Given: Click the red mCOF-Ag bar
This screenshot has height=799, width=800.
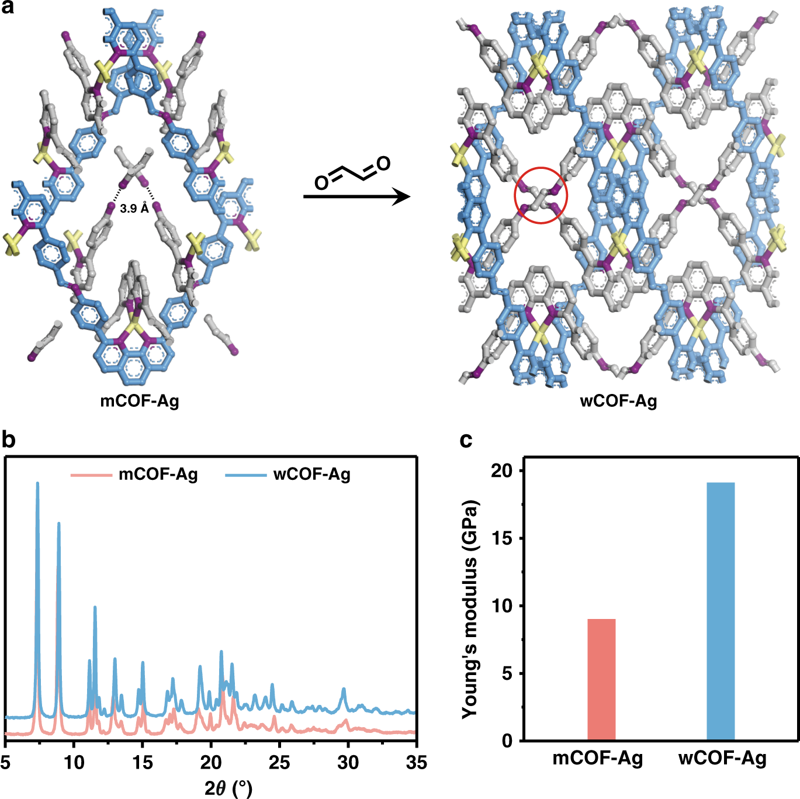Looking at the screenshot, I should tap(601, 679).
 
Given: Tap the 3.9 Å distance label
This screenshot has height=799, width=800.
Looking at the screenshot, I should tap(134, 208).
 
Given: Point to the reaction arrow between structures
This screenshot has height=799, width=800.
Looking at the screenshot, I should tap(356, 197).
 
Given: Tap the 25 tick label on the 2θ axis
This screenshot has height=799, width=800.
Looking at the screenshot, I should tap(279, 762).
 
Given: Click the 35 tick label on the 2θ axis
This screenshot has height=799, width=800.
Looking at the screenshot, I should tap(416, 762).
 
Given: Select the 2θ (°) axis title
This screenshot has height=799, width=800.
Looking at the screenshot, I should tap(228, 788).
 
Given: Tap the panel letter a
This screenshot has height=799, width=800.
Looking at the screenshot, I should tap(8, 9).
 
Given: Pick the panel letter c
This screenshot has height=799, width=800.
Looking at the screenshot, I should tap(466, 440).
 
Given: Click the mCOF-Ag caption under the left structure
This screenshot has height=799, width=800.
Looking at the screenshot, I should tap(140, 401).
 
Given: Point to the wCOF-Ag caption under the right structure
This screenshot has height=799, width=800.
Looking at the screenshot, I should tap(618, 401).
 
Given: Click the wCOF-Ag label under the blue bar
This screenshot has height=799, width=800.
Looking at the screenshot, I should tap(722, 759).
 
